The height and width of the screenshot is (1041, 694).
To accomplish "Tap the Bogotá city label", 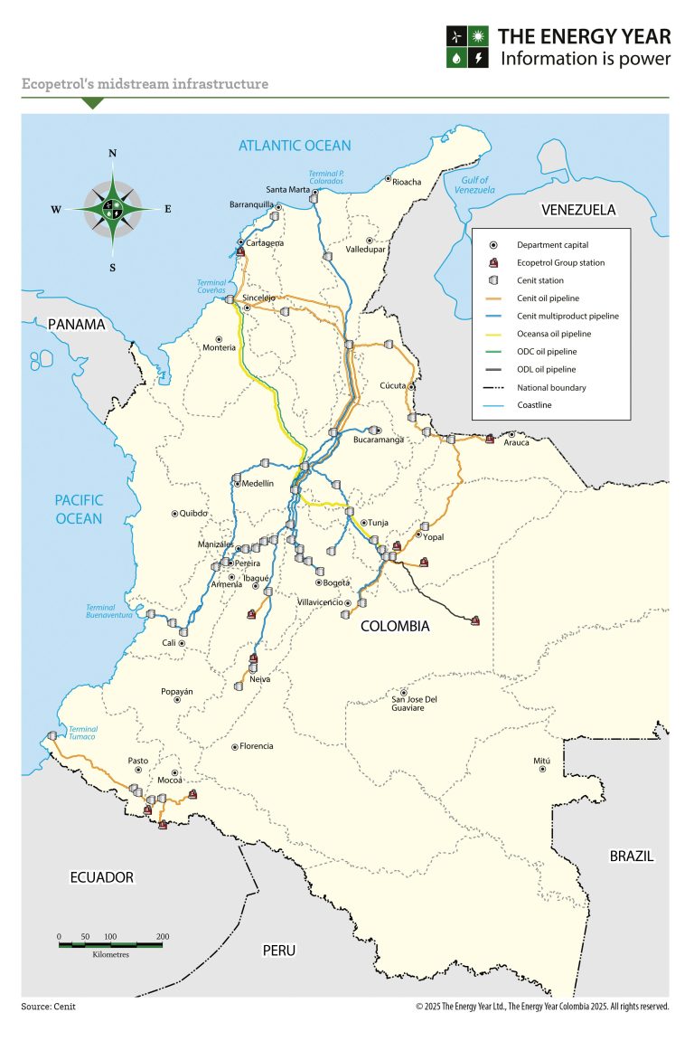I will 336,582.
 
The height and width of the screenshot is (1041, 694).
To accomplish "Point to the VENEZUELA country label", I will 577,210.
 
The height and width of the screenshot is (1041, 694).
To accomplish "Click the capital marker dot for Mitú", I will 542,769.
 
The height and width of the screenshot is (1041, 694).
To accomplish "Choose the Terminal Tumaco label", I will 82,733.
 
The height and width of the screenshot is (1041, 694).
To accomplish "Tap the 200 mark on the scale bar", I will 163,936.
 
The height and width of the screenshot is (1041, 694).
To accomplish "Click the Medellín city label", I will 258,484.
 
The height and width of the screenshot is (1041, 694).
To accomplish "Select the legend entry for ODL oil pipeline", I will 546,369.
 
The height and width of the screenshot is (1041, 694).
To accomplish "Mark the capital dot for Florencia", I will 235,747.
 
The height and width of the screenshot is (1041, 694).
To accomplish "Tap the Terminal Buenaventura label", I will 109,610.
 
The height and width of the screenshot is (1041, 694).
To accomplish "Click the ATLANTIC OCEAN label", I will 295,146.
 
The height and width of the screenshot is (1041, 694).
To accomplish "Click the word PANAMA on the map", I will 77,324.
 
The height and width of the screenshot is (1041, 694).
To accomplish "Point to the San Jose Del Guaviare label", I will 414,703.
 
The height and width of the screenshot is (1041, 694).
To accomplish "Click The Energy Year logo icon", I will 468,47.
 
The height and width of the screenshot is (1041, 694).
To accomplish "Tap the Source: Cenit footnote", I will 49,1006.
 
